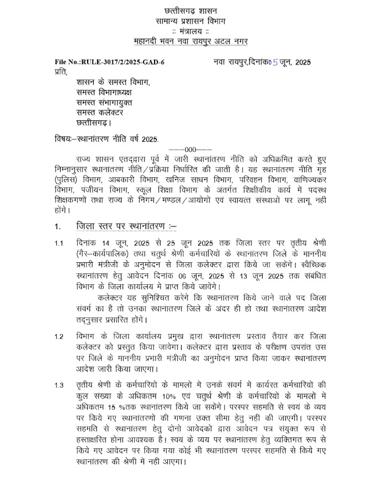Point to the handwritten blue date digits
[x=274, y=62]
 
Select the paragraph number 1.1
[x=59, y=243]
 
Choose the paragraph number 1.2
[x=59, y=336]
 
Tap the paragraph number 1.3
[x=59, y=385]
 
